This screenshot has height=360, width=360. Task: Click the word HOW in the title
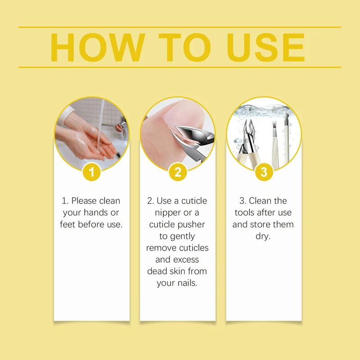[98, 48]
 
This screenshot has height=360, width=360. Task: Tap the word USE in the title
[265, 48]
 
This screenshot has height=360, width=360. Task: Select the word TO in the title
[184, 48]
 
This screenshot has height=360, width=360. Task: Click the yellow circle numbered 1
[92, 172]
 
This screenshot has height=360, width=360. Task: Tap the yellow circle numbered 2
[178, 172]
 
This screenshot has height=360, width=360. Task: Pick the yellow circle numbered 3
[264, 172]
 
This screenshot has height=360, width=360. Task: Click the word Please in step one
[84, 201]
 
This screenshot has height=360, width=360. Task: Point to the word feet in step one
[68, 224]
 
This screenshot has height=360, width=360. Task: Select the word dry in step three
[263, 237]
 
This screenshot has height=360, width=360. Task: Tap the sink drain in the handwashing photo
[118, 155]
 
